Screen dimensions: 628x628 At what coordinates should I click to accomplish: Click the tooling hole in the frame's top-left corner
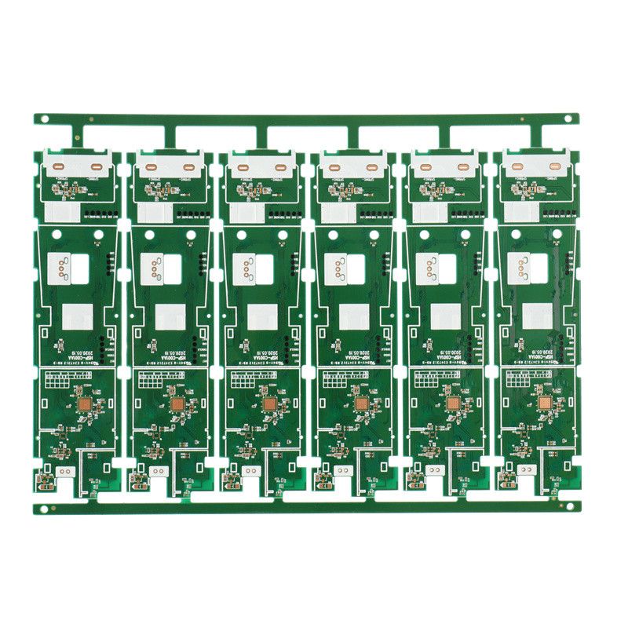point(45,119)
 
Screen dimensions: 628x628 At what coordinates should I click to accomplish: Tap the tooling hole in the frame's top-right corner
point(568,119)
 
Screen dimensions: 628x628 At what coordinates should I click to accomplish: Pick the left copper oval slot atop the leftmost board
point(59,166)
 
